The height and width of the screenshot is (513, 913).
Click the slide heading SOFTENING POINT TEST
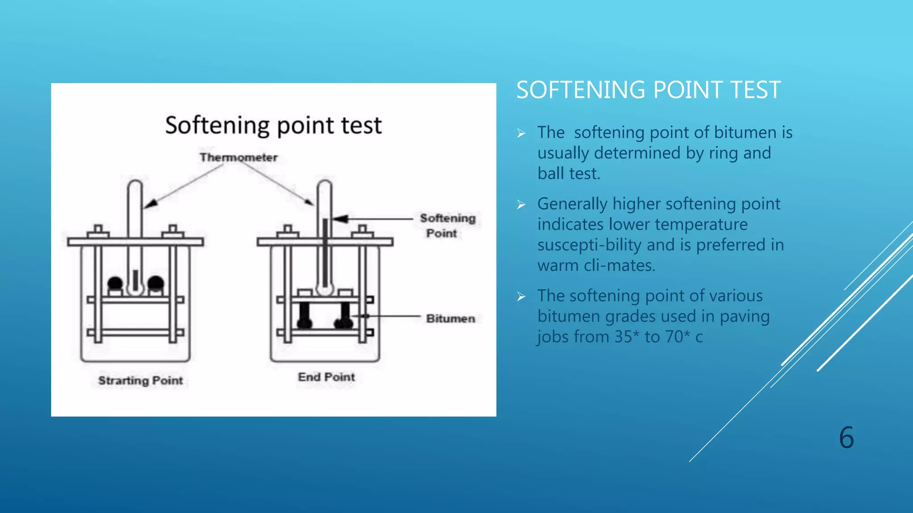click(x=648, y=90)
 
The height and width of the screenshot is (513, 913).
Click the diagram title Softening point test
click(x=273, y=126)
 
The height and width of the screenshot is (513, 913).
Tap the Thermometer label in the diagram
click(x=239, y=158)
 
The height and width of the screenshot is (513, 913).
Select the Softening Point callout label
click(x=448, y=225)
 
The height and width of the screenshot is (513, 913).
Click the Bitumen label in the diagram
click(x=450, y=319)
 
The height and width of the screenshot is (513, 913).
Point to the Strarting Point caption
click(x=140, y=381)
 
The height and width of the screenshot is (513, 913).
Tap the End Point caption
click(x=326, y=377)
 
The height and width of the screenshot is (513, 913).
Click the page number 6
click(x=846, y=438)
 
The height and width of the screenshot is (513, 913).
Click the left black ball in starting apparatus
click(x=115, y=283)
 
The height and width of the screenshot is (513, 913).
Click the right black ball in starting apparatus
click(x=156, y=283)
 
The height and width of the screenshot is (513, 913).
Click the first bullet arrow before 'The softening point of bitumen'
click(x=521, y=133)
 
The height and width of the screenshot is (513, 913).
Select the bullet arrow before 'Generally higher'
click(x=521, y=204)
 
